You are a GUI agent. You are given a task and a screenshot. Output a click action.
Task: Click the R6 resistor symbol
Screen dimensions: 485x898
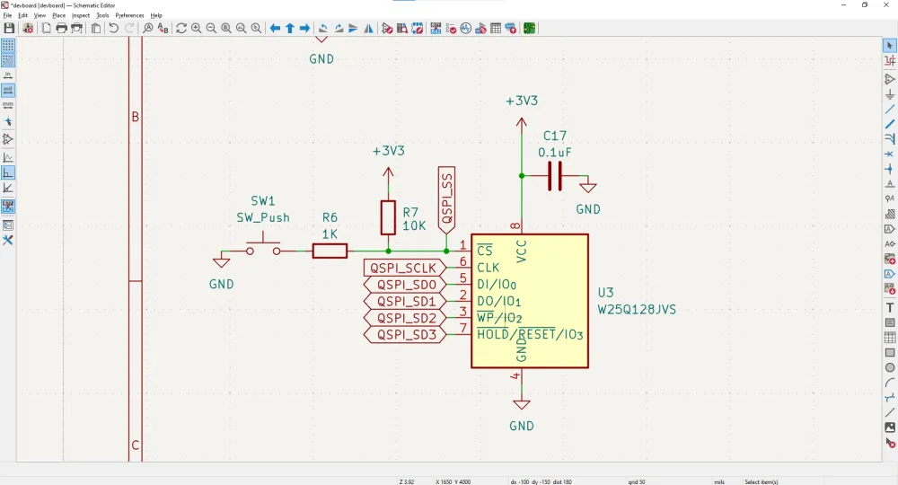tap(330, 251)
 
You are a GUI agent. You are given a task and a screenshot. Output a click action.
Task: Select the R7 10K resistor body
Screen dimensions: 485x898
tap(388, 216)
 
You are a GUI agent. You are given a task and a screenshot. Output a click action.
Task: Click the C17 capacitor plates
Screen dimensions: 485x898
tap(555, 176)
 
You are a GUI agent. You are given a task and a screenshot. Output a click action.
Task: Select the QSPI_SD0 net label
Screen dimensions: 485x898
tap(405, 285)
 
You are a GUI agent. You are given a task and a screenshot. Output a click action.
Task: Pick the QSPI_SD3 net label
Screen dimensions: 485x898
tap(405, 335)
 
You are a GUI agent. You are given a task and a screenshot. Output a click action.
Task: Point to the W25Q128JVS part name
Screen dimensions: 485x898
tap(637, 310)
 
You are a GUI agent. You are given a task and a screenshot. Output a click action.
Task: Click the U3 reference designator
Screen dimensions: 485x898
tap(606, 293)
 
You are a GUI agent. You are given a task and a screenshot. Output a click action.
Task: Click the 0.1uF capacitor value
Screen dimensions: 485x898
tap(555, 153)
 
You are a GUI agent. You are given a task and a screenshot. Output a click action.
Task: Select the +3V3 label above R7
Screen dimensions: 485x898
tap(388, 151)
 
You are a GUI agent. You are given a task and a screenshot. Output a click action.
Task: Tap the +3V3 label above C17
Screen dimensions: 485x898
tap(522, 101)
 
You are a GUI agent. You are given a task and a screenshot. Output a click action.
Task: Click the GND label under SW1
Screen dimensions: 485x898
tap(221, 284)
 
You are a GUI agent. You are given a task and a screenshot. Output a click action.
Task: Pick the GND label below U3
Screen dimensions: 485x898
tap(522, 426)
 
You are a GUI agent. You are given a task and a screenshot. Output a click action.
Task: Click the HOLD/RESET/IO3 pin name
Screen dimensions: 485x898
tap(530, 335)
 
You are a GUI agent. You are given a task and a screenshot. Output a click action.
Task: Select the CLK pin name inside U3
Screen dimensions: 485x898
tap(489, 268)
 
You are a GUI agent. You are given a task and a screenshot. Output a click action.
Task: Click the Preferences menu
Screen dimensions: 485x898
tap(129, 15)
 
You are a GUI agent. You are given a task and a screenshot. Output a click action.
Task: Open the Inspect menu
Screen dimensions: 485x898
tap(81, 15)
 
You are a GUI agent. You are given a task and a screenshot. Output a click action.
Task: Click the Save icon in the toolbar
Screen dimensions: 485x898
tap(10, 29)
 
